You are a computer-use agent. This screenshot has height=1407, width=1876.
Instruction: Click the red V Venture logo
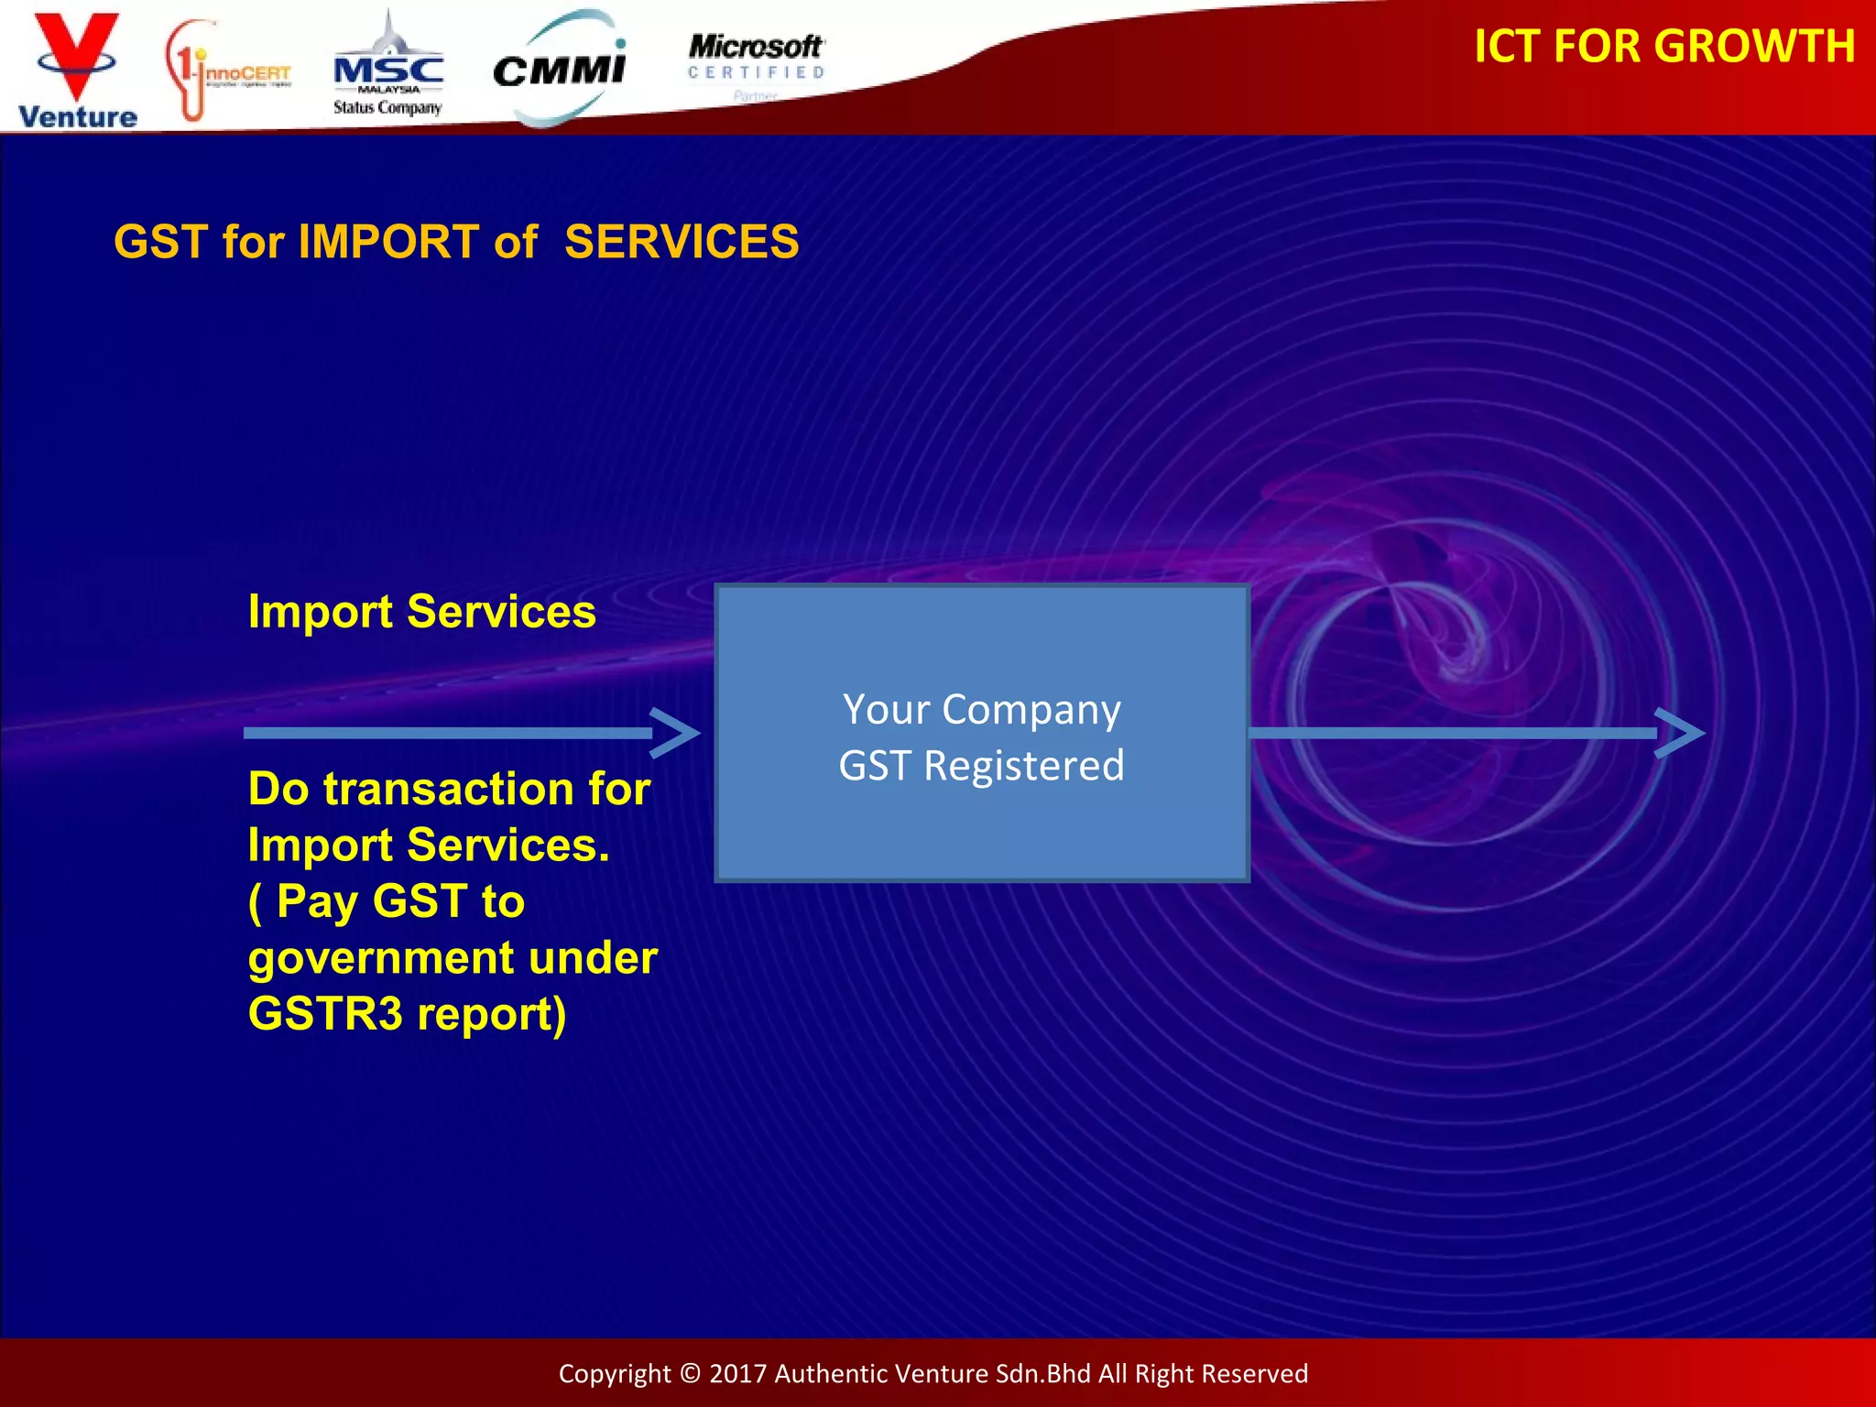77,69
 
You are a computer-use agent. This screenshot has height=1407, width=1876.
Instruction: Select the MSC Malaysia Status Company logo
388,73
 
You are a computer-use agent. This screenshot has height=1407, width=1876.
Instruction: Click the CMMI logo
560,69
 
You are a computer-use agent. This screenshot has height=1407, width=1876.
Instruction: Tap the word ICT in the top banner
1508,46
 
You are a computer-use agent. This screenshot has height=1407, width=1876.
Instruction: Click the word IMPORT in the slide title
388,242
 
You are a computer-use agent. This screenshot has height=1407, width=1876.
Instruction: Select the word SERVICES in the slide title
682,242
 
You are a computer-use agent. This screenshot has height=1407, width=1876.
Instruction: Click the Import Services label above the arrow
421,611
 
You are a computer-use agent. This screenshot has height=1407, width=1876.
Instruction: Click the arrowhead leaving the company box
1680,732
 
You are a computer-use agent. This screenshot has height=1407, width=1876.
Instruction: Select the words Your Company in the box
981,710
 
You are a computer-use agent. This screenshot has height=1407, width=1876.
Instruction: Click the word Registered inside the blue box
1023,766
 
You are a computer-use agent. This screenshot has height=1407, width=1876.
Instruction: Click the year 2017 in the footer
737,1373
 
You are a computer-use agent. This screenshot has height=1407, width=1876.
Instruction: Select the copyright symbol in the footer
691,1373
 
